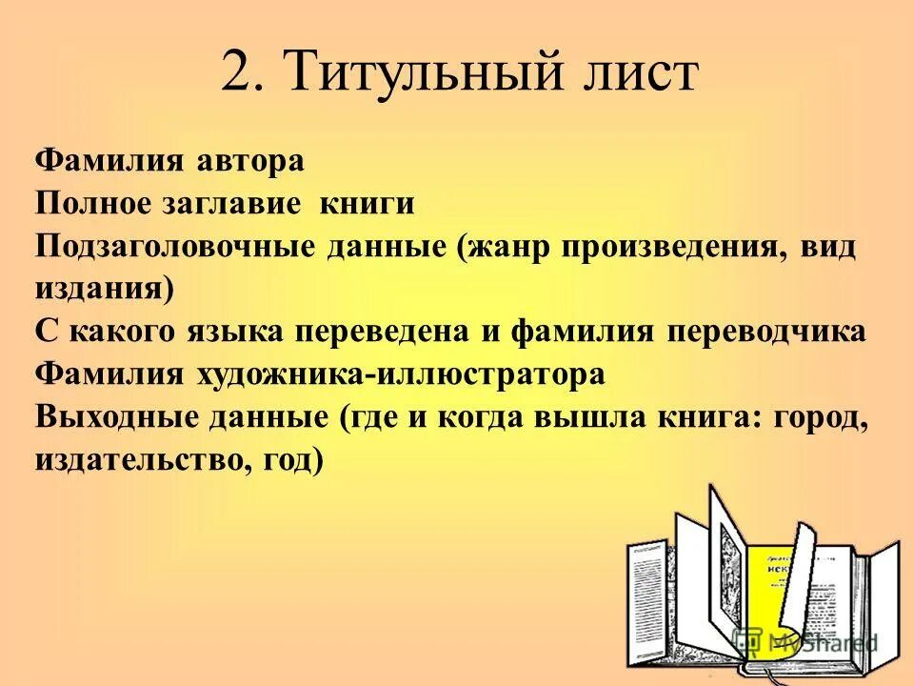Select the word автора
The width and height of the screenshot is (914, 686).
[x=251, y=159]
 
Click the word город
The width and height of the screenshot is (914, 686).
[x=821, y=417]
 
